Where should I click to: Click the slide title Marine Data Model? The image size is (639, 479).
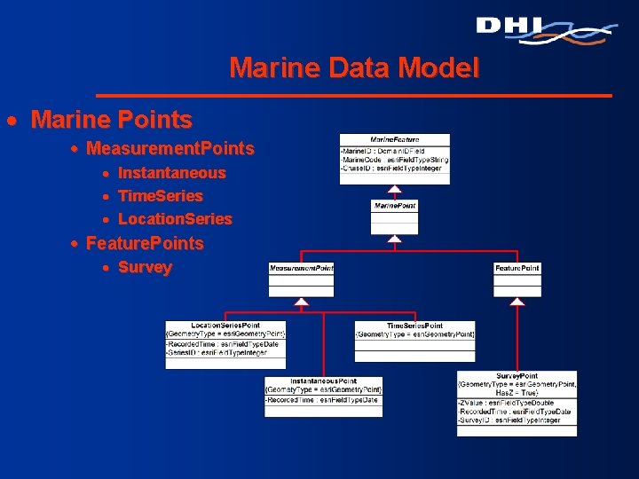coord(353,67)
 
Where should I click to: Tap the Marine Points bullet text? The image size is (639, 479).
coord(111,119)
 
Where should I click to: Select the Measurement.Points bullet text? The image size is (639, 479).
coord(170,148)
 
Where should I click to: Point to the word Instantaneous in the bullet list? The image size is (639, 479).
coord(171,173)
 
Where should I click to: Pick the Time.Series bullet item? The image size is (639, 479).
coord(160,196)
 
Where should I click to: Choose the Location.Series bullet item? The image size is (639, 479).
coord(175,219)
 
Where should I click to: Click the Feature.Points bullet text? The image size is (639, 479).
coord(145,243)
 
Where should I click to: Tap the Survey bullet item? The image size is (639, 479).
coord(145,267)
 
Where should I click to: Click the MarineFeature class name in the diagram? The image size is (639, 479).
coord(395,140)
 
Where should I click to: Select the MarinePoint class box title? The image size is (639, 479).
coord(395,206)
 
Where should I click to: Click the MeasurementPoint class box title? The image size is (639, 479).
coord(302,268)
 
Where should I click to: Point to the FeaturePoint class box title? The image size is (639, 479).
coord(517,268)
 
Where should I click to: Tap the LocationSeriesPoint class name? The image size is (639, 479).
coord(225,326)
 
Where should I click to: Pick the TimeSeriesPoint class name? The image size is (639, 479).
coord(414,326)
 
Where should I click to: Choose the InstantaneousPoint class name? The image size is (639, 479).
coord(324,381)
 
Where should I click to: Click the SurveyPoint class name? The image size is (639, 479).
coord(517,376)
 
